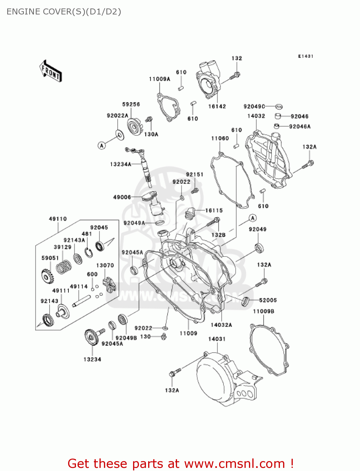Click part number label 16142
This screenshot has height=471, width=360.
coord(217,106)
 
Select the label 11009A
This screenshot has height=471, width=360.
coord(159,79)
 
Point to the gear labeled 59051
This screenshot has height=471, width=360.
coord(48,276)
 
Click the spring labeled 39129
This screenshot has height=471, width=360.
coord(64,267)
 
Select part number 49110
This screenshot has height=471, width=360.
coord(58,219)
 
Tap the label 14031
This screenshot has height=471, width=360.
coord(217,339)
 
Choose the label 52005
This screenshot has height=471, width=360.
coord(268,300)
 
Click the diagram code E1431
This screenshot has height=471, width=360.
coord(305,56)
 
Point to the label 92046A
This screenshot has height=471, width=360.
coord(299,127)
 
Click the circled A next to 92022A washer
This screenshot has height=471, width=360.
coord(102,146)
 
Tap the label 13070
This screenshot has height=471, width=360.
coord(105,265)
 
